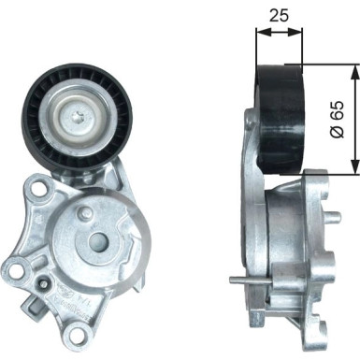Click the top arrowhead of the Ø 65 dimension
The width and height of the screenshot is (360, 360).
353,71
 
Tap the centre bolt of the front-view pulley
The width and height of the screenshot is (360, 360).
79,116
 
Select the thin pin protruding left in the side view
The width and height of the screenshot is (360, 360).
241,280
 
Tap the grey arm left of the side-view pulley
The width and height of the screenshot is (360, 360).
251,150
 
